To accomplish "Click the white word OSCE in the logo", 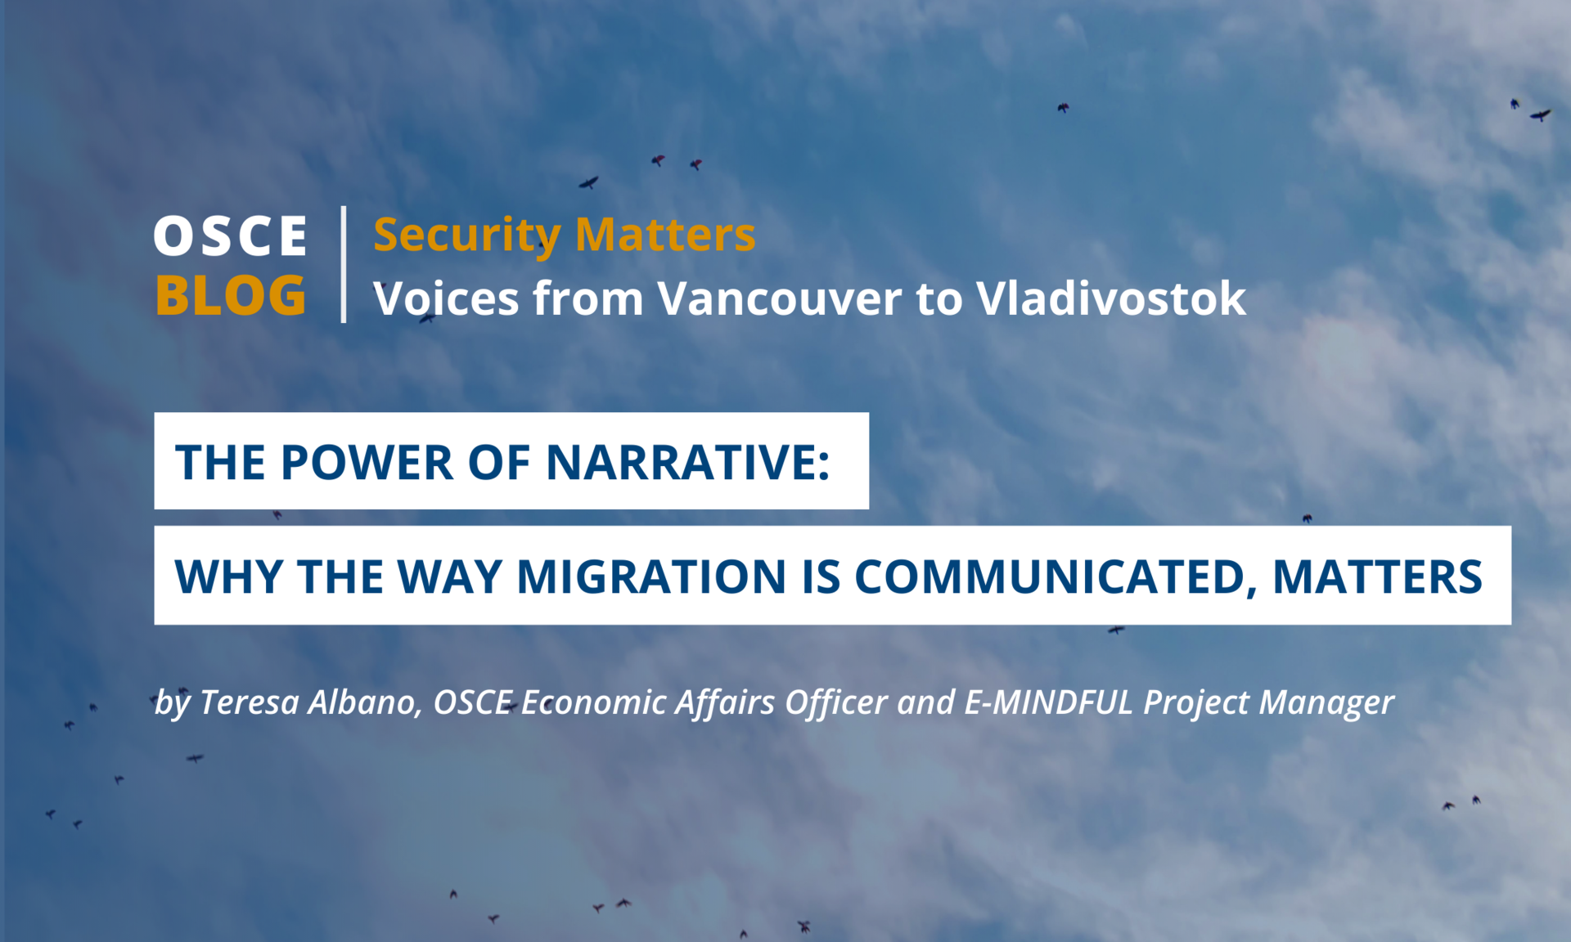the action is [x=231, y=236].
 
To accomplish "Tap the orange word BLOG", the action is [x=231, y=295].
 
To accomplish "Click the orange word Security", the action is [x=467, y=236].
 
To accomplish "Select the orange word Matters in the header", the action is [x=665, y=235].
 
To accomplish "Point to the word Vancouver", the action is [x=780, y=298].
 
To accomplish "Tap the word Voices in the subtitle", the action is [x=446, y=298].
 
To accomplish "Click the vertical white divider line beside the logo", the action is [x=344, y=264].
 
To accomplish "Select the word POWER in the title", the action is [x=367, y=462].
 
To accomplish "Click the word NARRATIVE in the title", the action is [x=681, y=462].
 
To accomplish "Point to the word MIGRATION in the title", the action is [x=652, y=576].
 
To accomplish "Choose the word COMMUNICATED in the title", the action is [x=1050, y=576].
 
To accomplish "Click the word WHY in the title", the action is [x=230, y=576].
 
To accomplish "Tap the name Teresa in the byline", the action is [x=250, y=702].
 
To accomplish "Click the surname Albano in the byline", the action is [x=363, y=702].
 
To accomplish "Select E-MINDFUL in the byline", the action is [x=1049, y=702].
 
